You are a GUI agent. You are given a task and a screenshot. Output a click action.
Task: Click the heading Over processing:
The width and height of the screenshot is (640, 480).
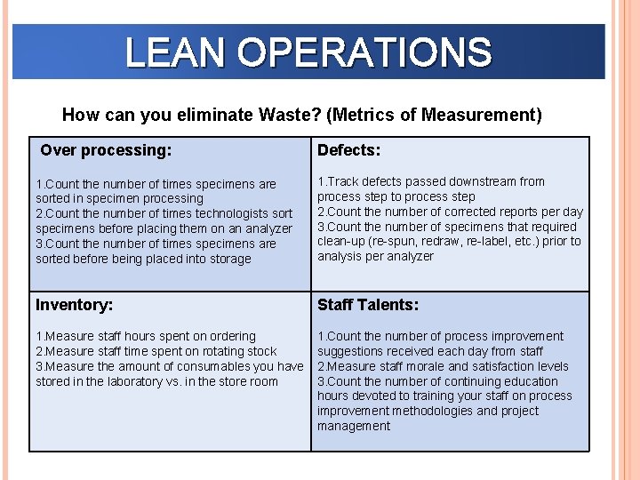click(106, 150)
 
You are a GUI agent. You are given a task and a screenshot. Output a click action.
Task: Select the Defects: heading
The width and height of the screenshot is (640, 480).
click(348, 150)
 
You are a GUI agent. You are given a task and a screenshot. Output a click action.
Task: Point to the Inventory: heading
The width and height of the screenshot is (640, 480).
click(74, 305)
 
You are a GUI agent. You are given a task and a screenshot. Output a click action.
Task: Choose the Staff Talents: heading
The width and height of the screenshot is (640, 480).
click(367, 305)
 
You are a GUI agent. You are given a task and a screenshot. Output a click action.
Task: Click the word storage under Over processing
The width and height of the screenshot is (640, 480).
click(228, 259)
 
